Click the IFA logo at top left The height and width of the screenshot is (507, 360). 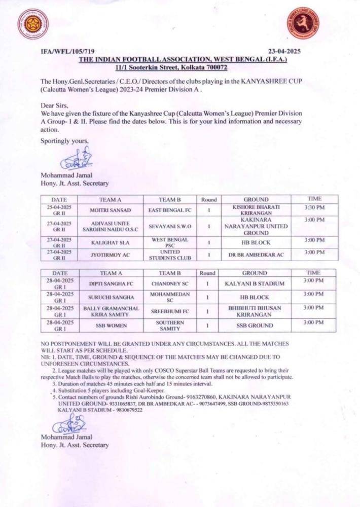(33, 24)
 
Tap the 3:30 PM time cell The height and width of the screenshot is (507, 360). (314, 208)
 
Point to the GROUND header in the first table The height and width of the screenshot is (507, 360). (256, 200)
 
